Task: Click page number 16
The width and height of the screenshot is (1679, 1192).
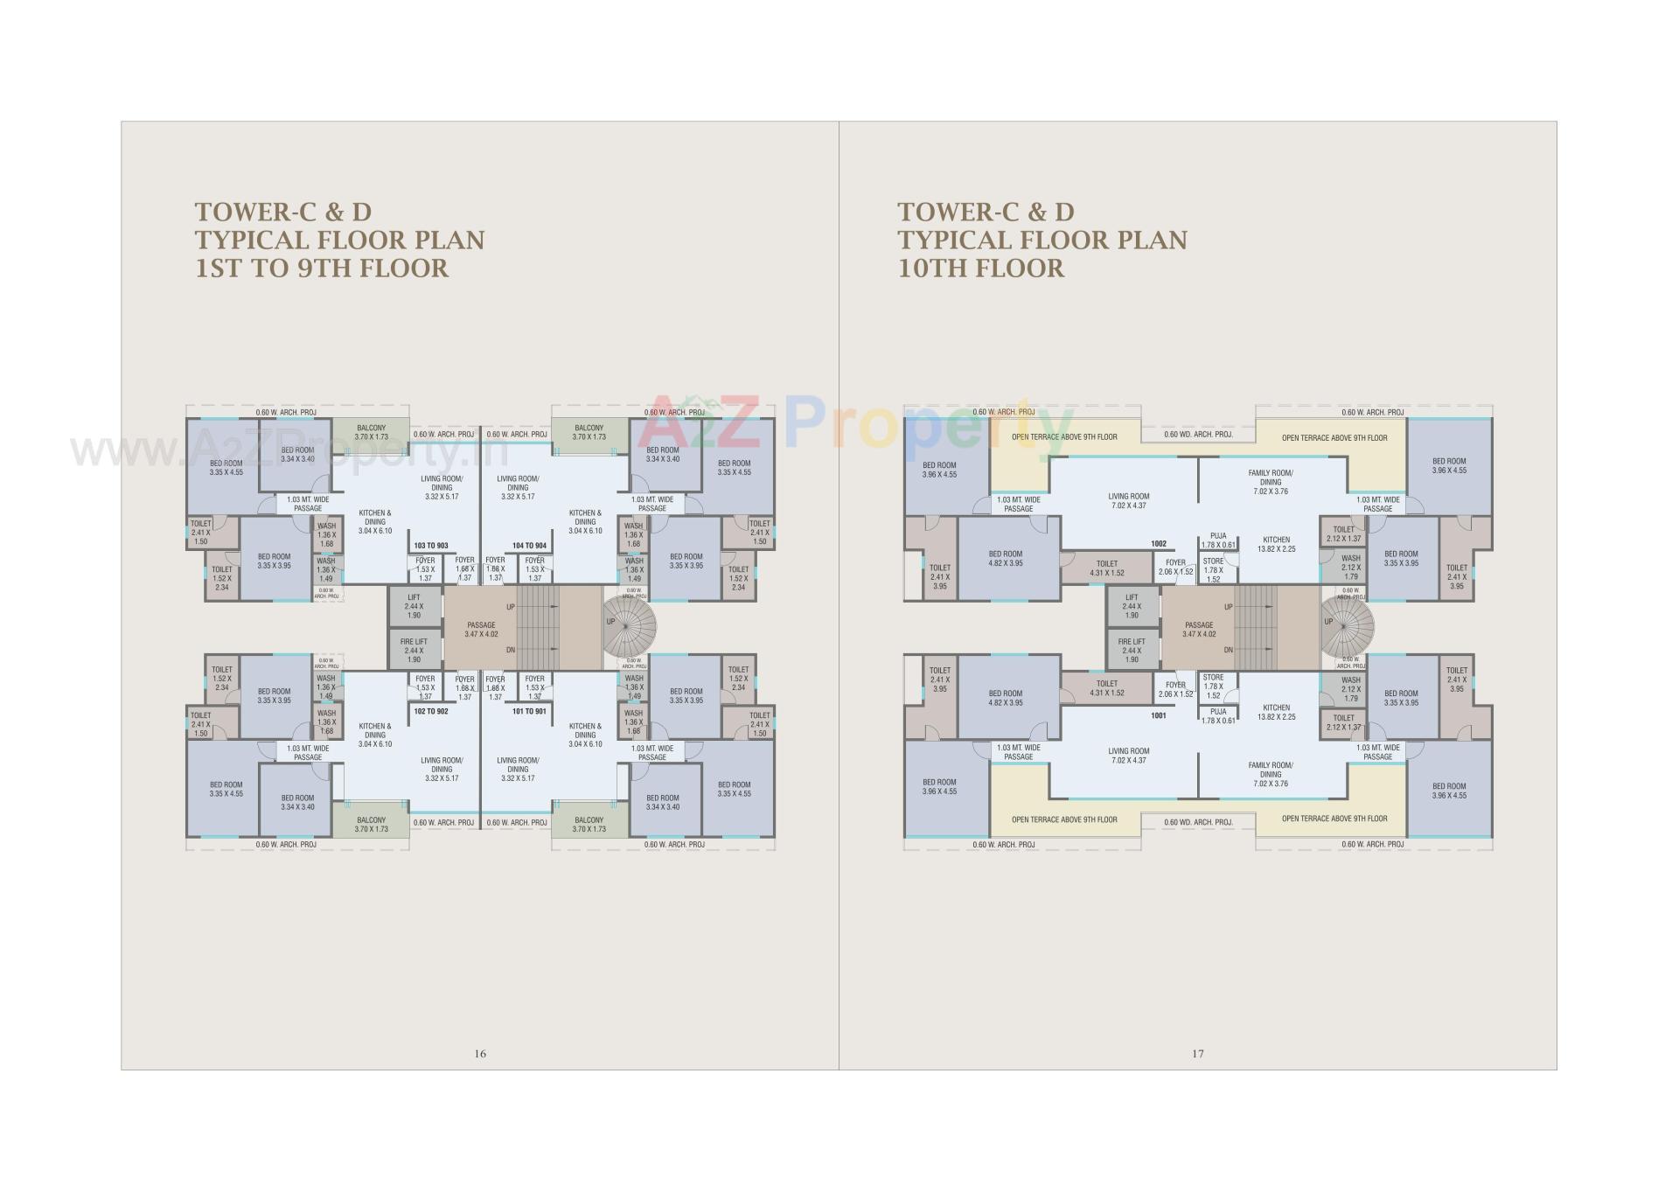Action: [479, 1054]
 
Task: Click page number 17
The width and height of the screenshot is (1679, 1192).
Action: [1197, 1054]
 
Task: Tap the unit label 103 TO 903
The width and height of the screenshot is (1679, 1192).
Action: [430, 546]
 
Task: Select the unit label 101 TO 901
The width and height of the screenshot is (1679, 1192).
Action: [529, 711]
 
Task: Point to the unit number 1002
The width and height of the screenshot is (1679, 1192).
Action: [1158, 544]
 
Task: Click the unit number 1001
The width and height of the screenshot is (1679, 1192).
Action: [1158, 715]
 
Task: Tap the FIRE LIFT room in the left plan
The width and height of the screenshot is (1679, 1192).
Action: [414, 650]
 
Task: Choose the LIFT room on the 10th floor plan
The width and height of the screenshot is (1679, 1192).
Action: [1132, 606]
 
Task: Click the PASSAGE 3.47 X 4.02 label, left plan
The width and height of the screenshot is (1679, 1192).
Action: [481, 629]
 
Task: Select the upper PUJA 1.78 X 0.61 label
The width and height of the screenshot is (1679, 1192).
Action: [1218, 540]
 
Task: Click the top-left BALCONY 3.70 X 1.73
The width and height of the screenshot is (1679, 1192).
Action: [371, 433]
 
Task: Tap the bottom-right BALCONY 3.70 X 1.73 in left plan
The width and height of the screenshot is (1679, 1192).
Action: [589, 825]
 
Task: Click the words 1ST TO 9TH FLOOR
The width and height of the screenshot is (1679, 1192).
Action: [322, 268]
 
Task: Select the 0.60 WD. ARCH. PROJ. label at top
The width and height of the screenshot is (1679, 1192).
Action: [1198, 434]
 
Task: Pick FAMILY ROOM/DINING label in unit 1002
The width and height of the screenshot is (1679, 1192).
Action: [1271, 482]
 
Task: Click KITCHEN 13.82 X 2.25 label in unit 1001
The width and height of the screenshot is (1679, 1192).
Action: [1276, 712]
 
